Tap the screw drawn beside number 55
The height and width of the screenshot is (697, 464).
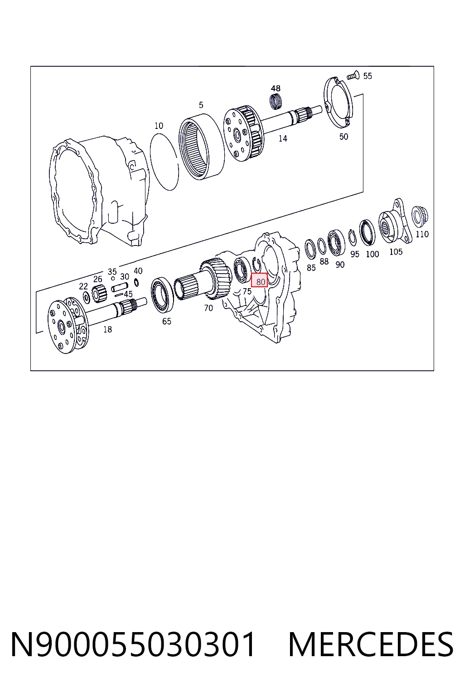point(353,75)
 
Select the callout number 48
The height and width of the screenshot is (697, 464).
point(275,88)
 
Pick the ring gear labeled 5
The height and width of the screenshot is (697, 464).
point(201,146)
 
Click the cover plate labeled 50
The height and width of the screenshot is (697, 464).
point(338,103)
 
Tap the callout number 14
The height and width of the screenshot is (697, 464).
point(283,138)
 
